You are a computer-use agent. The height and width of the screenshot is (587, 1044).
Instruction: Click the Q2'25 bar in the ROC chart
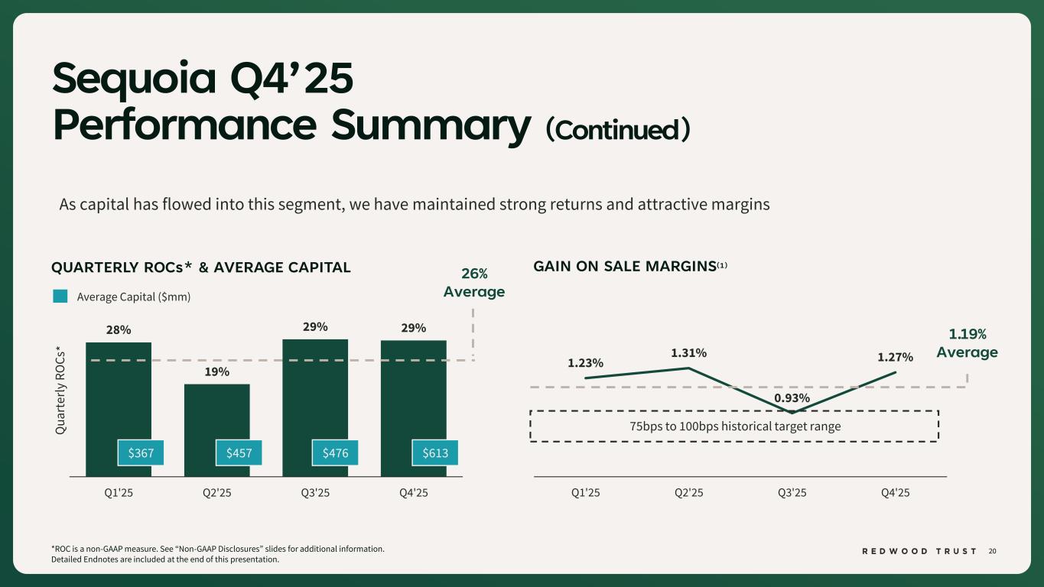[x=217, y=413]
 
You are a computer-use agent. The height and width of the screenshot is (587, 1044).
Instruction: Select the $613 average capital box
[x=435, y=453]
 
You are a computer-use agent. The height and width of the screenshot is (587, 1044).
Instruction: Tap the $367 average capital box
[x=140, y=453]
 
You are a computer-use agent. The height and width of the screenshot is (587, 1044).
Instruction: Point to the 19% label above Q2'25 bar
[x=217, y=372]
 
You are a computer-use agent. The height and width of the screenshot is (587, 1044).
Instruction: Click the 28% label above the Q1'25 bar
[x=119, y=330]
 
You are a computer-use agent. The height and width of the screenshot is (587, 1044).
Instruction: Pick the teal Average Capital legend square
[x=61, y=297]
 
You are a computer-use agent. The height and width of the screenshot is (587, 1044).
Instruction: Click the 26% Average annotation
[x=474, y=283]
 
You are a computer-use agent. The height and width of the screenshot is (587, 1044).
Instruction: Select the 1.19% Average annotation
[x=967, y=343]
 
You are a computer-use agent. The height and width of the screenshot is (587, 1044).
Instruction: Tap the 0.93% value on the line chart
[x=792, y=398]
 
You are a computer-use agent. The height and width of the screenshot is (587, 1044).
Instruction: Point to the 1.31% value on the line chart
[x=688, y=352]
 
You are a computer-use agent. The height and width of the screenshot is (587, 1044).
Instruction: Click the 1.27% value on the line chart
[x=895, y=356]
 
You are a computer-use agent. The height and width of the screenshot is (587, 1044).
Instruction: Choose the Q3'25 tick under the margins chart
[x=792, y=492]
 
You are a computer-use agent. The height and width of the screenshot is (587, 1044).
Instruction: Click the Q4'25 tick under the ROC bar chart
[x=414, y=492]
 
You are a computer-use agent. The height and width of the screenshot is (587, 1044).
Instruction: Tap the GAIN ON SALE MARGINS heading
[x=624, y=267]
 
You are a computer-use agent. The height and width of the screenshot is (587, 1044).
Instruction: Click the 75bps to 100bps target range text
[x=734, y=426]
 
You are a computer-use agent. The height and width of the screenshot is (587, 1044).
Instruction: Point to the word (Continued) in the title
[x=618, y=130]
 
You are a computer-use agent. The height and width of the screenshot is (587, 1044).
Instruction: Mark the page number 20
[x=993, y=551]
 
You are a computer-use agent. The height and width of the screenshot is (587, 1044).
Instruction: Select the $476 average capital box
[x=337, y=453]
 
